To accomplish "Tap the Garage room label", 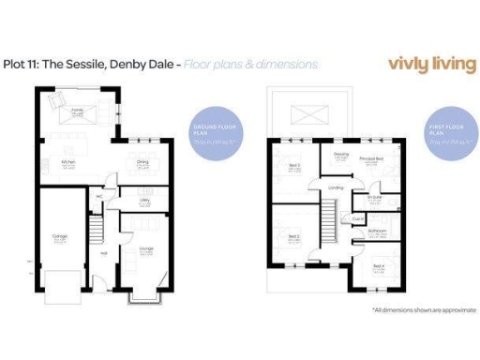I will pyautogui.click(x=59, y=235).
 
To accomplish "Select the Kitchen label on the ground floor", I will pyautogui.click(x=67, y=161).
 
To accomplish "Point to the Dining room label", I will pyautogui.click(x=144, y=161).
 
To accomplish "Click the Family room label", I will pyautogui.click(x=78, y=110).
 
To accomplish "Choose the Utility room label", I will pyautogui.click(x=145, y=200).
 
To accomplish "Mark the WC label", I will pyautogui.click(x=98, y=196).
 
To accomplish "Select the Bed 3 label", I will pyautogui.click(x=293, y=165).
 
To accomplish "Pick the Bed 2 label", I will pyautogui.click(x=293, y=236).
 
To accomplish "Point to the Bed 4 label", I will pyautogui.click(x=378, y=266).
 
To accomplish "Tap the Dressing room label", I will pyautogui.click(x=340, y=156).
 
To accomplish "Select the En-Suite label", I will pyautogui.click(x=374, y=199).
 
